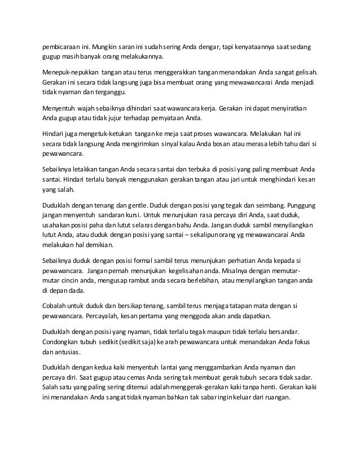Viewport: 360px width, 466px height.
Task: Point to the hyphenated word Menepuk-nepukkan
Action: (69, 72)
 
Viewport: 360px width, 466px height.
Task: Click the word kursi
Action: (131, 215)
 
